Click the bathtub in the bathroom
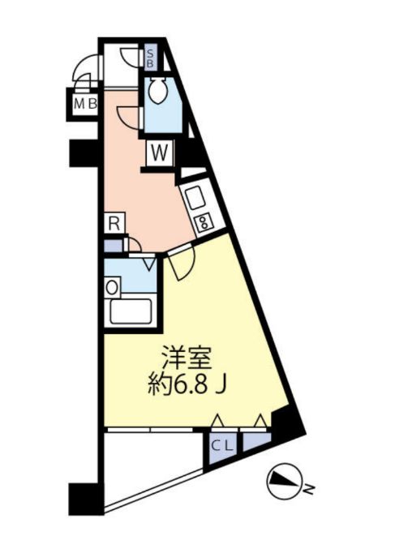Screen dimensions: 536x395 [131, 311]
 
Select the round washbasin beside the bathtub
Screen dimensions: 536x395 [112, 286]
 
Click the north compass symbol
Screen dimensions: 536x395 [284, 486]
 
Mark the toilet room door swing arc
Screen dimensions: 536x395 [126, 115]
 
